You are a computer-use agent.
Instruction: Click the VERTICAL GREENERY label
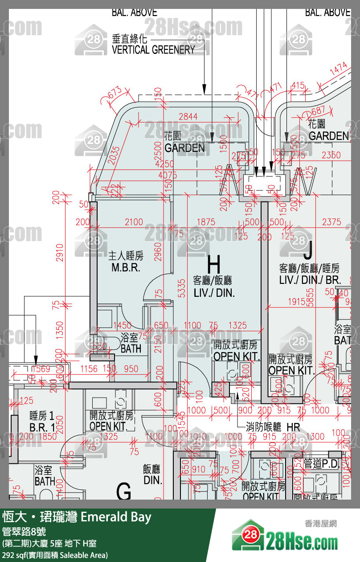pyautogui.click(x=153, y=49)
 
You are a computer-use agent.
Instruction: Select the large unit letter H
pyautogui.click(x=214, y=264)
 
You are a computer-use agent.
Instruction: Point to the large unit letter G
pyautogui.click(x=124, y=492)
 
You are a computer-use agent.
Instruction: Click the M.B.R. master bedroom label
pyautogui.click(x=126, y=268)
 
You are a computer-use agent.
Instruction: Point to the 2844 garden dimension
pyautogui.click(x=188, y=117)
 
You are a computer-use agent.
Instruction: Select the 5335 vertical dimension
pyautogui.click(x=180, y=288)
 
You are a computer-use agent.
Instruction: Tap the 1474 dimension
pyautogui.click(x=339, y=69)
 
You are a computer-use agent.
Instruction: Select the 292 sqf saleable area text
pyautogui.click(x=54, y=555)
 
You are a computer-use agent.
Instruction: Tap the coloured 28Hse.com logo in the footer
pyautogui.click(x=285, y=540)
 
